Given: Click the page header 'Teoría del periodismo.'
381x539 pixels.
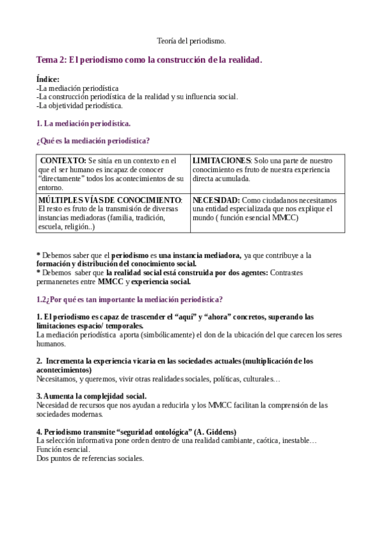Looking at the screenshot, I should [191, 41].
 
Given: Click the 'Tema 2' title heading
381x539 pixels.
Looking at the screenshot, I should [149, 60].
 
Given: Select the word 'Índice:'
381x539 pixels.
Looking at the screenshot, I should [48, 79].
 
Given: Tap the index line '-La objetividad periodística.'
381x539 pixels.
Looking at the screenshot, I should [80, 106].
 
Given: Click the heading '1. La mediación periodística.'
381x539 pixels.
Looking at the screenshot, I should [83, 123].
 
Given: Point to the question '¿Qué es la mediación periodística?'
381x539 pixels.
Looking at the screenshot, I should [93, 140].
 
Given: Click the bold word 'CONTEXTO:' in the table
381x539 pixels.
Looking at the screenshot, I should [63, 161].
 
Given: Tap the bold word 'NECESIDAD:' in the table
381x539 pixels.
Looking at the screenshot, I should [216, 200].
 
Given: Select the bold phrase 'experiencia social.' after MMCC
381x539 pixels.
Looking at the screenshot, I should [161, 282].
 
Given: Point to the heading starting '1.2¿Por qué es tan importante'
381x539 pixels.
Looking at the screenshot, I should [129, 299].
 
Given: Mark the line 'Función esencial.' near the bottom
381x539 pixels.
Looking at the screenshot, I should [63, 449].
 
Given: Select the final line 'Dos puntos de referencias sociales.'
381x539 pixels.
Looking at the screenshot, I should [90, 458].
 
